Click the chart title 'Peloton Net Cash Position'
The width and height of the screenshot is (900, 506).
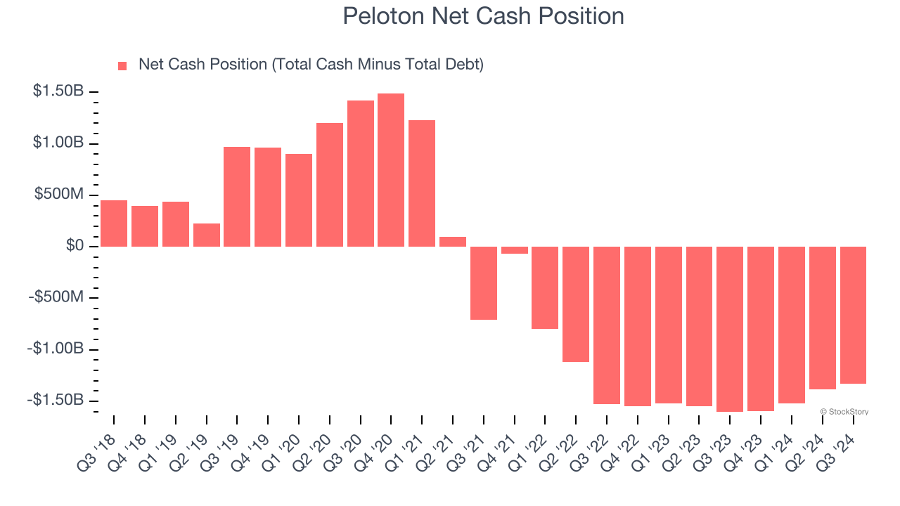point(483,16)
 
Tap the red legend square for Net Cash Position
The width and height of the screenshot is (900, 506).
point(122,65)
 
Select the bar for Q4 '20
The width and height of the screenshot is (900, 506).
point(391,170)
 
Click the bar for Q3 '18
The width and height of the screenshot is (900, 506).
point(114,223)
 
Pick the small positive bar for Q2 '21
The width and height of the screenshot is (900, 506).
point(453,242)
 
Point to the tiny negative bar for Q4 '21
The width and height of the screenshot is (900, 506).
point(514,250)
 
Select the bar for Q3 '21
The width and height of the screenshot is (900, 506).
point(484,283)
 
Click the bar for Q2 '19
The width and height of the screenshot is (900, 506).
point(207,235)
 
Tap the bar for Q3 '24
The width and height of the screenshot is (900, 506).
point(853,315)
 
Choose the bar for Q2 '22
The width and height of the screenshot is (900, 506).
point(576,304)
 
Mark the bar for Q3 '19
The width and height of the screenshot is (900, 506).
point(237,197)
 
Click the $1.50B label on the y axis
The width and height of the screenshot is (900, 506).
point(58,92)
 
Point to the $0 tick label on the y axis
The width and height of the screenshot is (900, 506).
point(75,246)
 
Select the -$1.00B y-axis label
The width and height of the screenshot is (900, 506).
point(56,349)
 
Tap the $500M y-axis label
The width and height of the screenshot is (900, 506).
point(59,195)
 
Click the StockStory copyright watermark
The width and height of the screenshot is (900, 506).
point(844,412)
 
